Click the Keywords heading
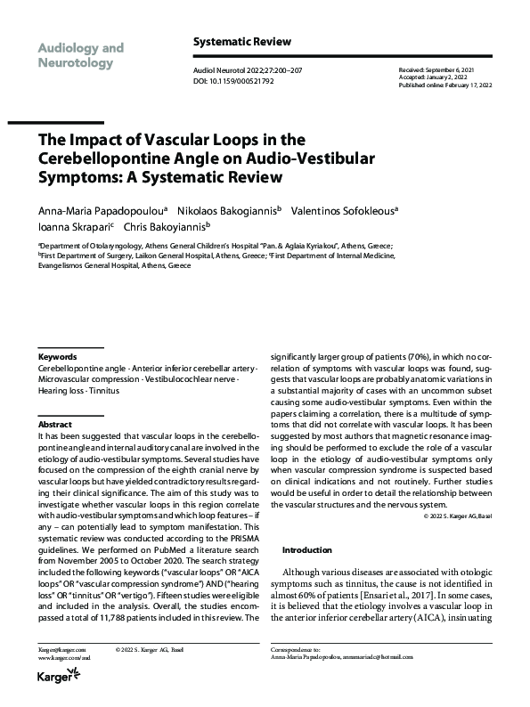pos(58,355)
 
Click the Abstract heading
pos(54,425)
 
